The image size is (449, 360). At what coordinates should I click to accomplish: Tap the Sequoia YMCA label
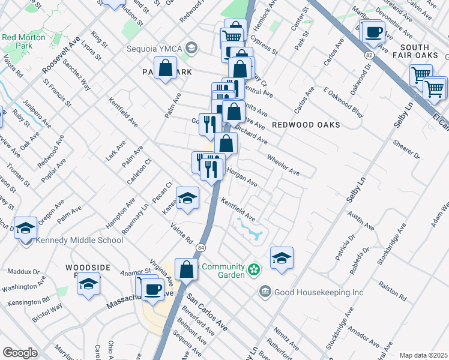(x=155, y=49)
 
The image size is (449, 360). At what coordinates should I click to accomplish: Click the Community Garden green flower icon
(x=255, y=269)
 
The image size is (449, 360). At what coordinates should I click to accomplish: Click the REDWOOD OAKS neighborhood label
(x=306, y=125)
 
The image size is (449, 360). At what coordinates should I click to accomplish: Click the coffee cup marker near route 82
(x=373, y=31)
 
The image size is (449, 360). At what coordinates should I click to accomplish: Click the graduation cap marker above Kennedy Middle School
(x=25, y=228)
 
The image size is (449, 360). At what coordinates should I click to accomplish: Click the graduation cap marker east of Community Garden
(x=282, y=258)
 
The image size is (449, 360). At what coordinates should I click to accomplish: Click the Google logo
(x=20, y=353)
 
